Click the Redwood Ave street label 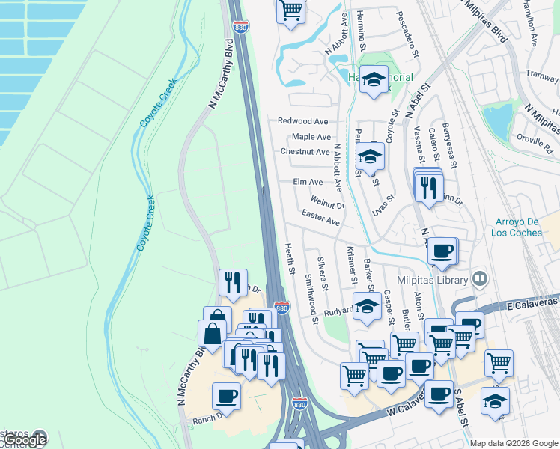[303, 121]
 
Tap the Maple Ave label [311, 137]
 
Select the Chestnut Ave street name [305, 152]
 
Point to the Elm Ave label [308, 182]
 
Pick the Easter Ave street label [320, 218]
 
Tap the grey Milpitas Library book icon [479, 279]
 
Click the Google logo [25, 440]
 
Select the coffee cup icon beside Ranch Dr [227, 396]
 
